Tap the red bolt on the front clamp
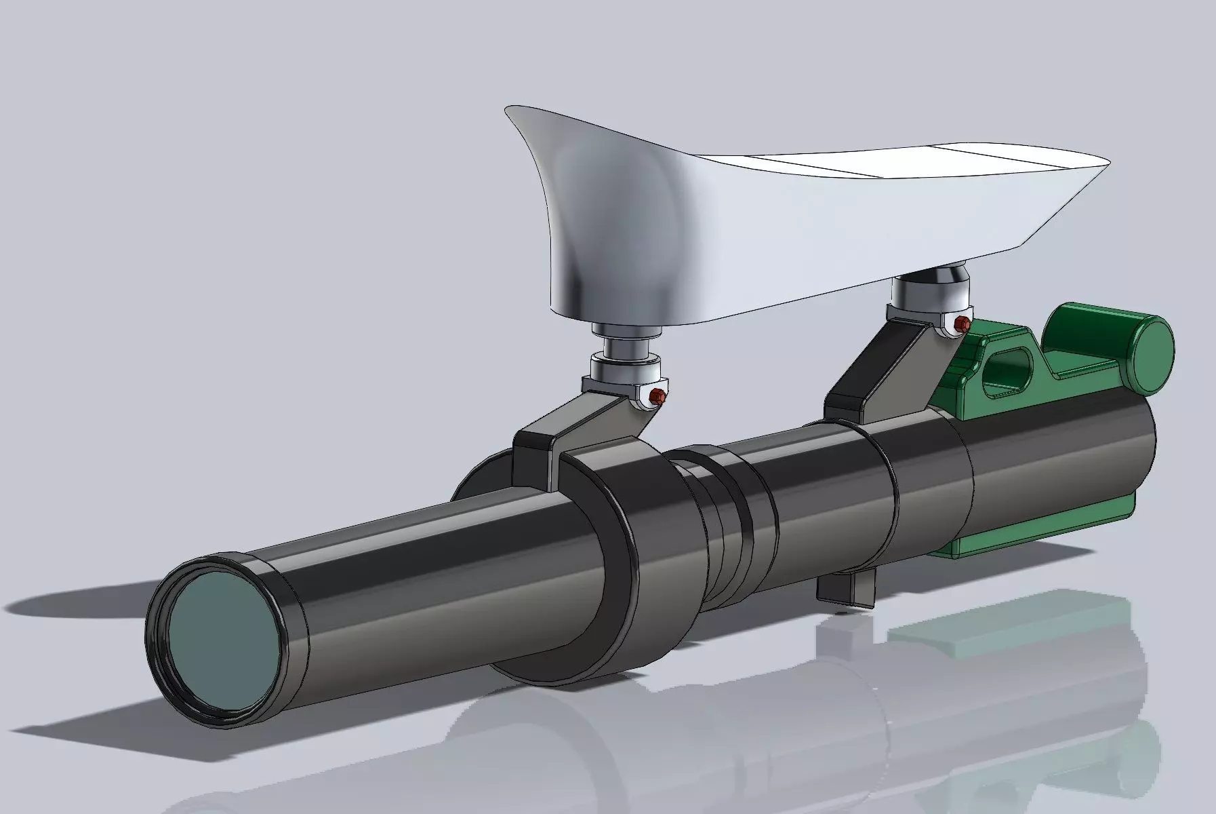[655, 395]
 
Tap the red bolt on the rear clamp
[959, 324]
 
